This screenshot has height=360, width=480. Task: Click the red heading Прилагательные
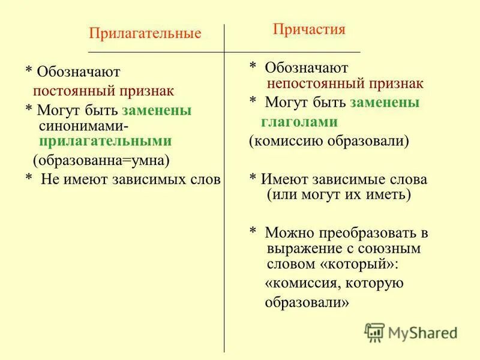click(x=145, y=34)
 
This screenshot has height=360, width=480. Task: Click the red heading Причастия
click(x=309, y=29)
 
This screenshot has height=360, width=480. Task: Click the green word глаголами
click(x=299, y=122)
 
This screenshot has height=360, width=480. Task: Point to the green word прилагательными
click(x=105, y=141)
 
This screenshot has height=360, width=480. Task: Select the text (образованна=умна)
click(x=101, y=161)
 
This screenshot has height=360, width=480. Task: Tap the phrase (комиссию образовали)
click(x=329, y=141)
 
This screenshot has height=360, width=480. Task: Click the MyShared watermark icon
click(x=374, y=332)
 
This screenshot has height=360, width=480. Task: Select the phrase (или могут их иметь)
click(x=338, y=194)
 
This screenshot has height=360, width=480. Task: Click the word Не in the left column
click(x=49, y=179)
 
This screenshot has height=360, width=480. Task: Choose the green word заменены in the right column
click(x=385, y=103)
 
